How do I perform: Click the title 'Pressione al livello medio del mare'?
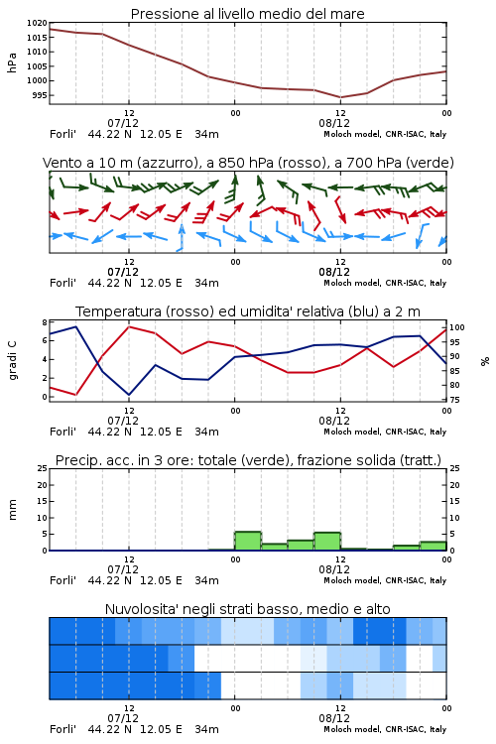tap(247, 14)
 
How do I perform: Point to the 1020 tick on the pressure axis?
tap(37, 23)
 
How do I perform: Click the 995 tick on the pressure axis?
tap(40, 95)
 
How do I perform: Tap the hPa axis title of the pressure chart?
tap(12, 62)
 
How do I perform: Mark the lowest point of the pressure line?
tap(340, 97)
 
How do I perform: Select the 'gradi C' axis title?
tap(12, 360)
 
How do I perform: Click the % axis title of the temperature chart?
tap(485, 361)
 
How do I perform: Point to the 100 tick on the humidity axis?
tap(456, 327)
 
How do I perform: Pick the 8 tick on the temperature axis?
tap(45, 322)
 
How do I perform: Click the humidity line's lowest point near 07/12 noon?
tap(129, 395)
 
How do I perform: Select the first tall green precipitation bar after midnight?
tap(248, 541)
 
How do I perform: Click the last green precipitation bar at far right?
tap(433, 547)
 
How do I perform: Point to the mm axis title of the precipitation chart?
tap(12, 510)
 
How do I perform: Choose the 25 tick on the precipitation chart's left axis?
tap(43, 468)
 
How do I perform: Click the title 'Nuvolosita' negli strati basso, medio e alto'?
tap(247, 609)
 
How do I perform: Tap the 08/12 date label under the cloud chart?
tap(334, 718)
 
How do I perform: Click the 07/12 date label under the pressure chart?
tap(123, 123)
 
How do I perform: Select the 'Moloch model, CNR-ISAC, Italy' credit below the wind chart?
tap(385, 283)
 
